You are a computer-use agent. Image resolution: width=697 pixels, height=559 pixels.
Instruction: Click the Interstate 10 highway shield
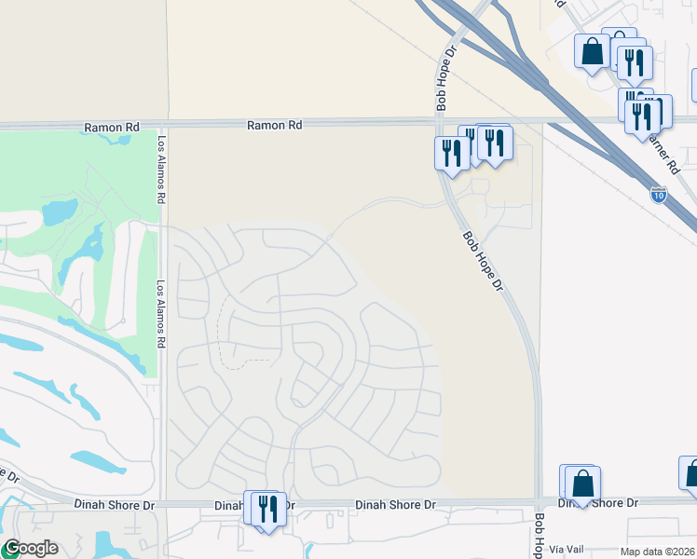pos(659,194)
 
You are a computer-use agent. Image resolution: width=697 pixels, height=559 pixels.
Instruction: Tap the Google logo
pos(30,548)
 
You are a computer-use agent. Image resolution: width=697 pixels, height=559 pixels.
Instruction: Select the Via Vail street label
pos(567,550)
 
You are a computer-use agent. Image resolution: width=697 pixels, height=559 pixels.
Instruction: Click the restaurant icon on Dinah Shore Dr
pos(267,509)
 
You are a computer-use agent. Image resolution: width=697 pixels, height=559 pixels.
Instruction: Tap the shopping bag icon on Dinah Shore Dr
pos(583,484)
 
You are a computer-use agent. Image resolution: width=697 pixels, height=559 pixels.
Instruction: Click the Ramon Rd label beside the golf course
pos(111,127)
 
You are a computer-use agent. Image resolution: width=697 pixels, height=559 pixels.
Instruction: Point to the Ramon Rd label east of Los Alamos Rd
pos(275,124)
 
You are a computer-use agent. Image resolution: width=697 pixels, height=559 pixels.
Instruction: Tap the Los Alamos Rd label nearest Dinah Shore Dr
pos(161,314)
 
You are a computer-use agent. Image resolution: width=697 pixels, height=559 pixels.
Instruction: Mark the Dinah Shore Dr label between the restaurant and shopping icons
pos(395,504)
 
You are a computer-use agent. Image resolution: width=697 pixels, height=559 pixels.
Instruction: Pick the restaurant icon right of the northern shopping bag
pos(635,62)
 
